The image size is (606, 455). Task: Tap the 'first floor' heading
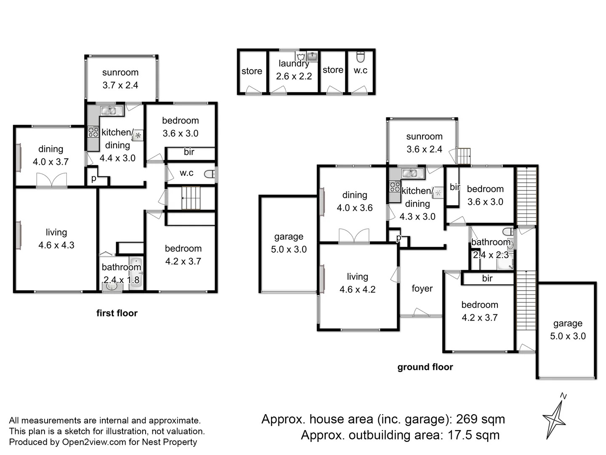coord(117,313)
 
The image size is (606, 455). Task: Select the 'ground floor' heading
coord(425,367)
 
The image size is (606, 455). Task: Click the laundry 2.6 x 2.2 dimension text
coord(294,76)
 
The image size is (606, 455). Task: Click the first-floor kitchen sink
coord(109,111)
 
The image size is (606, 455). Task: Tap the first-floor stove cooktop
coord(93,132)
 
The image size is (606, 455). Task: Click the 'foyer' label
coord(422,289)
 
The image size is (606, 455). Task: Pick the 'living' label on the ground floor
coord(357,277)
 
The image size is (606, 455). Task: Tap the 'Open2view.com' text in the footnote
coord(94,442)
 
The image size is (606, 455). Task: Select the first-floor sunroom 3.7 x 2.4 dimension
coord(120,85)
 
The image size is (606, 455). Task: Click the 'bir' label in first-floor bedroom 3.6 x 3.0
coord(189,152)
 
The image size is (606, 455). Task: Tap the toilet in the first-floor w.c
coord(209,174)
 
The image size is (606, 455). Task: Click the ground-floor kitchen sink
coord(409,173)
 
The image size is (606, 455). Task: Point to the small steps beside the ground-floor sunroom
coord(464,156)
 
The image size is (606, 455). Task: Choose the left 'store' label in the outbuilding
coord(252,71)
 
